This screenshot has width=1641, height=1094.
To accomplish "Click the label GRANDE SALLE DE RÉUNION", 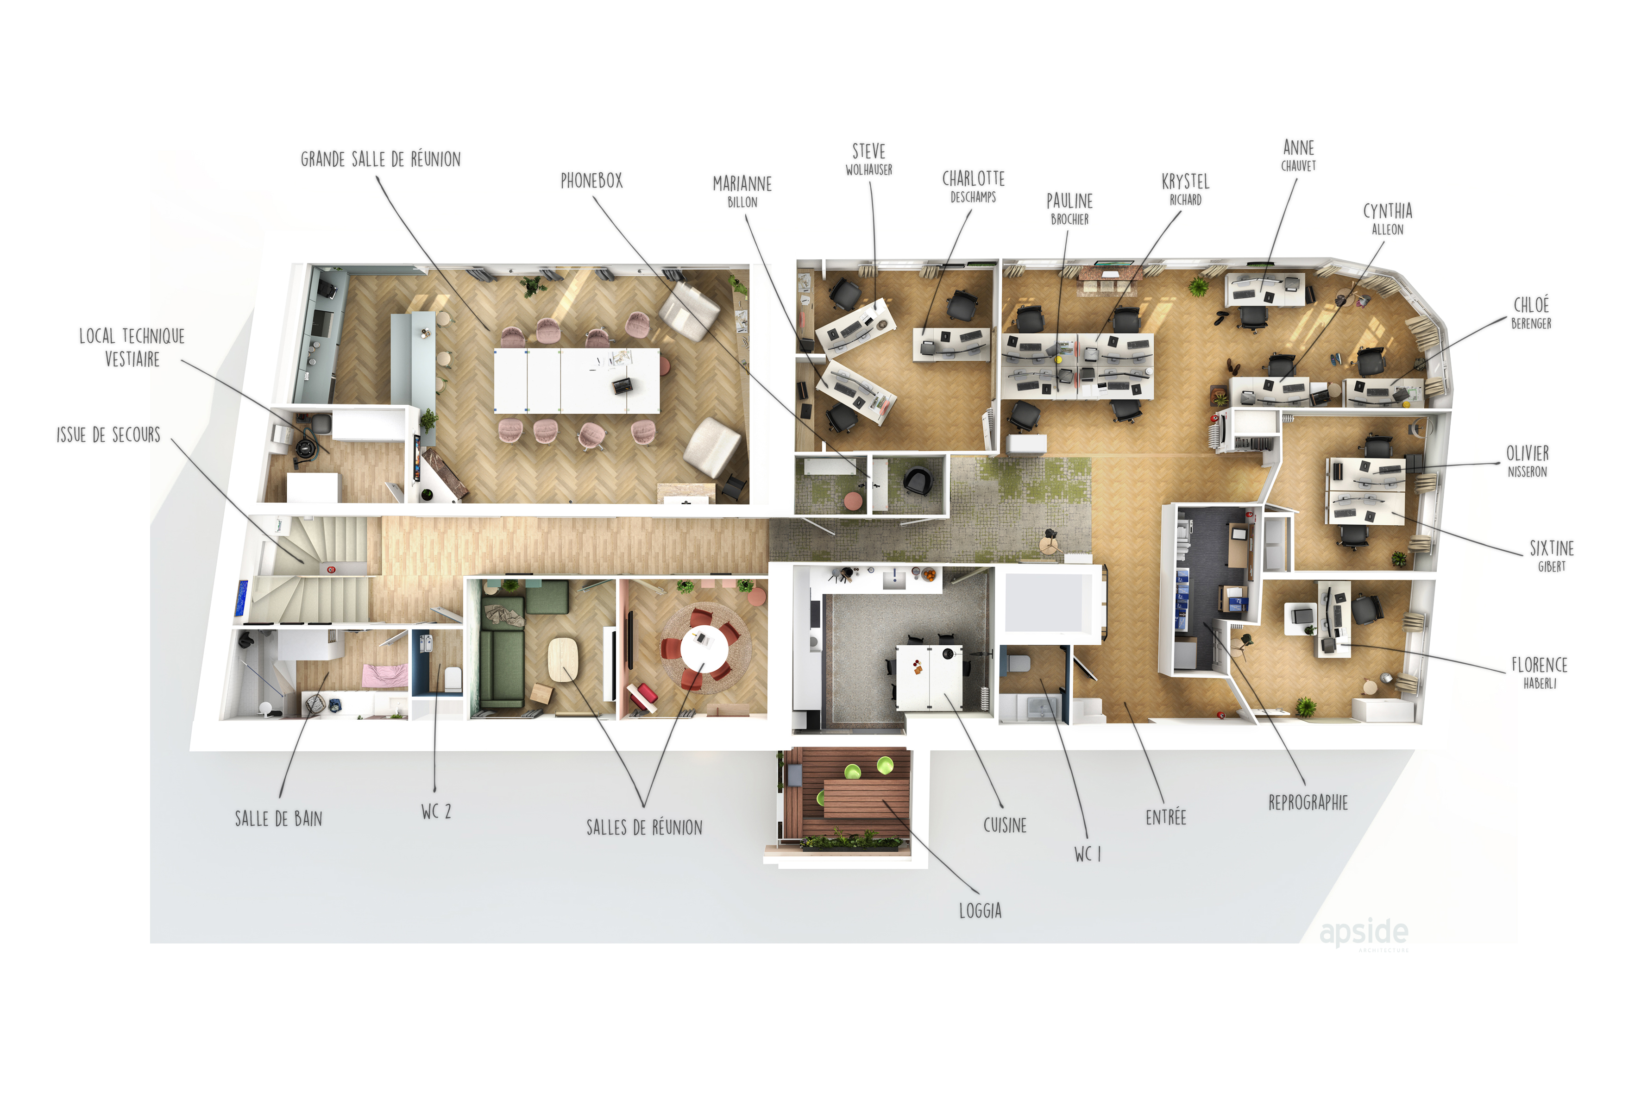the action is click(x=380, y=159).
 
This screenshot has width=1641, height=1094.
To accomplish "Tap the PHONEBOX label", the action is click(x=591, y=181).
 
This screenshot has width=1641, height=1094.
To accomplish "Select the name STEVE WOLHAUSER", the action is click(x=868, y=159).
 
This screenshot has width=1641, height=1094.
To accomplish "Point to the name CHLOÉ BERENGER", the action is click(x=1531, y=312).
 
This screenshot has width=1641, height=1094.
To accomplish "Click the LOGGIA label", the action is click(x=980, y=911).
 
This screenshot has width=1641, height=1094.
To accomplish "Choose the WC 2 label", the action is click(x=436, y=811).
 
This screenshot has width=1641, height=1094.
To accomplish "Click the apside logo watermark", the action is click(x=1364, y=933).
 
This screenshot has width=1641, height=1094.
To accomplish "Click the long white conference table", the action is click(x=576, y=381).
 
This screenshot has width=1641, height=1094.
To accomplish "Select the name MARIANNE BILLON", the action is click(x=742, y=192).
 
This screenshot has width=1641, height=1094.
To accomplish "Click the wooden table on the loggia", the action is click(x=867, y=799).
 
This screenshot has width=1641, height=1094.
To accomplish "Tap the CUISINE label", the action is click(x=1005, y=825).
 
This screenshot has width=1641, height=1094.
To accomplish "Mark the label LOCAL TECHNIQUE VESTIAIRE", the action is click(x=132, y=347).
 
